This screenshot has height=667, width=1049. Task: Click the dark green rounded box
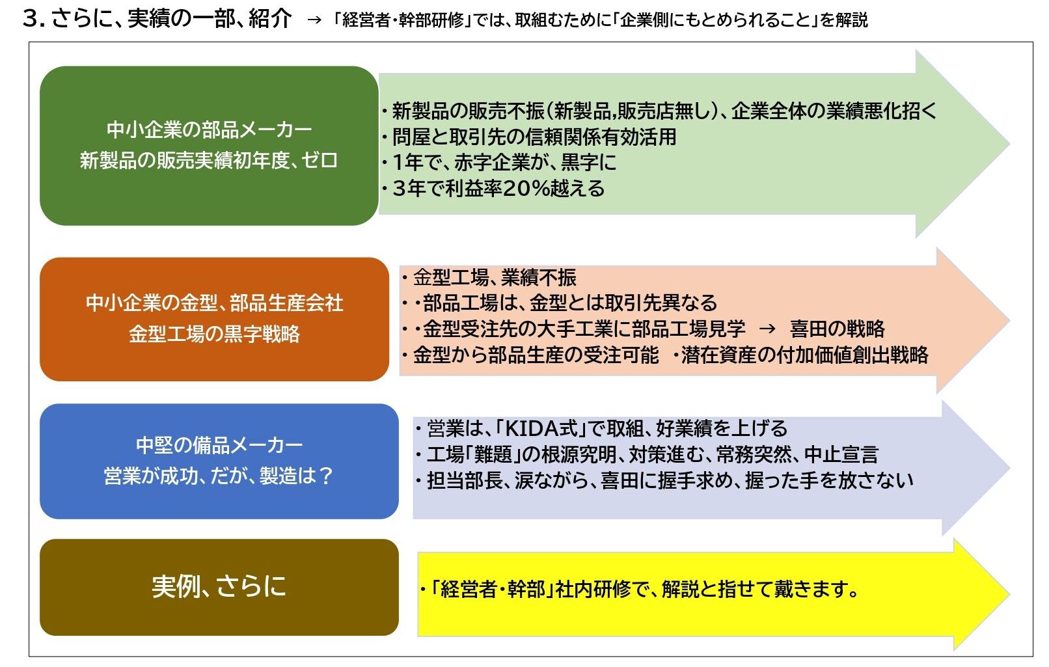point(209,146)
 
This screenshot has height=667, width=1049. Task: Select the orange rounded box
point(215,319)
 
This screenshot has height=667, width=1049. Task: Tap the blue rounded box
point(219,461)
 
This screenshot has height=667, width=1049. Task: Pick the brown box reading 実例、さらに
point(219,588)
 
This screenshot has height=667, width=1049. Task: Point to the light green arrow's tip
point(1010,143)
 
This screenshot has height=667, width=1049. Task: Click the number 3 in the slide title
point(31,19)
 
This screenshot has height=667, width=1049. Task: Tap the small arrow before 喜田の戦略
point(767,329)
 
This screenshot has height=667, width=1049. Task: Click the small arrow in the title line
point(314,20)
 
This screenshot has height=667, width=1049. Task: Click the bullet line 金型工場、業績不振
point(489,278)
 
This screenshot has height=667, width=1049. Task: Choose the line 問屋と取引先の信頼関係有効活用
point(528,137)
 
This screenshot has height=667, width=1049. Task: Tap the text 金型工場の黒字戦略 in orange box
point(215,334)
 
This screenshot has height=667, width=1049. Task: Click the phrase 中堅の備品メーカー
point(219,445)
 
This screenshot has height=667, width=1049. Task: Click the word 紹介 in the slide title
point(270,19)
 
